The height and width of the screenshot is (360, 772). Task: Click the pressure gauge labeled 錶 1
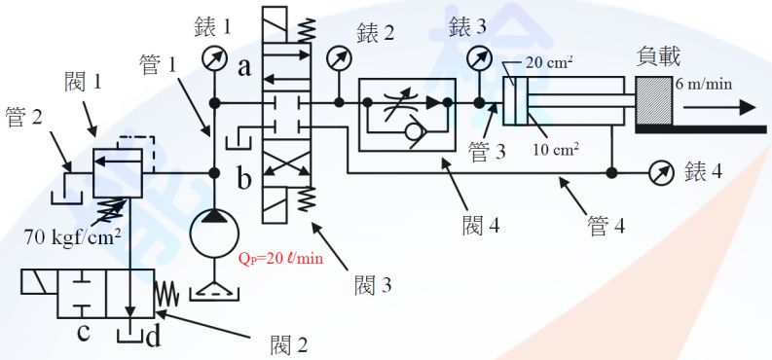tap(214, 59)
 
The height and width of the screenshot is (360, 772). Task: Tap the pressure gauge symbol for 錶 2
tap(339, 59)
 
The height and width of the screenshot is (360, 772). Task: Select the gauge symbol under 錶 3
tap(479, 57)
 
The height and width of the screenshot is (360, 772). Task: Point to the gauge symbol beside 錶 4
tap(662, 174)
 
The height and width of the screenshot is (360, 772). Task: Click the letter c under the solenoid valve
tap(84, 333)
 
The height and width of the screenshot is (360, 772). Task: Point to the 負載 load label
tap(659, 55)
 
